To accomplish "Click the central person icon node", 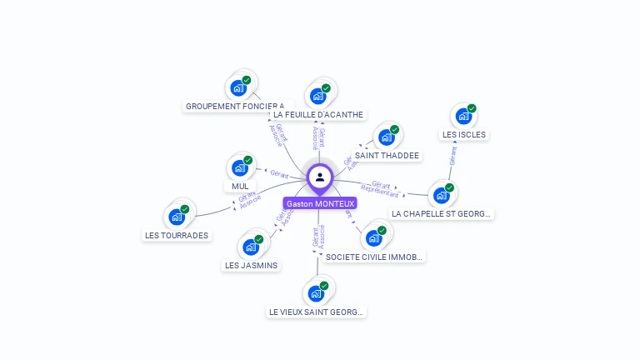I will coord(320,177).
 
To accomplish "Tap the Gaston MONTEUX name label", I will coord(320,203).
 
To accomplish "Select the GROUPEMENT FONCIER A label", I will coord(235,107).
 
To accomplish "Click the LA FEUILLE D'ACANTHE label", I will coord(318,114).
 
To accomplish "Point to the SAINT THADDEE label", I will coord(387,155).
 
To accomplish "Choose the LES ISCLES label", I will coord(464,134).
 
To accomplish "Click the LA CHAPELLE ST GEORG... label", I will coord(442,213).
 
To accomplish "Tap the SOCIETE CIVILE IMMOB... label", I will coord(375,257).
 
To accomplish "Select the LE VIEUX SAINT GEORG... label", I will coord(316,312).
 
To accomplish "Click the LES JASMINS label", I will coord(251,265).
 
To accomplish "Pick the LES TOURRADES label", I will coord(177,235).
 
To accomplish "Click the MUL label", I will coord(240,186).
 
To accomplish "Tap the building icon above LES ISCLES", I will coord(463,116).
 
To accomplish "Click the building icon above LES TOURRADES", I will coord(177,217).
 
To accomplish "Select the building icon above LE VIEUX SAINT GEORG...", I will coord(316,293).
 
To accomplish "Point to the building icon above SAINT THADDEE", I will coord(387,137).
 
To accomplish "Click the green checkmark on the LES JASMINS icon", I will coord(258,239).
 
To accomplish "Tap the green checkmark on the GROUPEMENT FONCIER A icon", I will coord(247,80).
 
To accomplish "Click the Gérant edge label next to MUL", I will coord(279,173).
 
